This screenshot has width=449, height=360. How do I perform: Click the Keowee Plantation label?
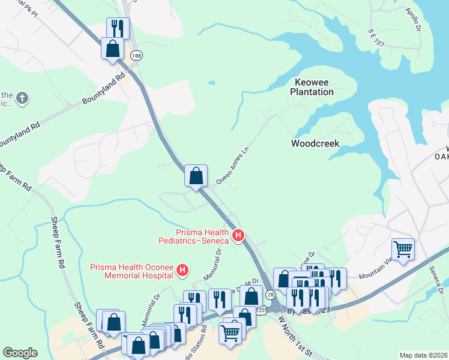point(312,87)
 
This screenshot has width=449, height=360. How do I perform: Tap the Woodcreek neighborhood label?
point(315,143)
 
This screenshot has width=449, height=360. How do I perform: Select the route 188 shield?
point(137,55)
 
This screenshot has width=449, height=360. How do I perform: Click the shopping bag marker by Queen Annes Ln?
point(196,176)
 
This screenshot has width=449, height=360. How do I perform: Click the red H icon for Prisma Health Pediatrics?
point(238,235)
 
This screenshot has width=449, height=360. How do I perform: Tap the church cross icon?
point(22,98)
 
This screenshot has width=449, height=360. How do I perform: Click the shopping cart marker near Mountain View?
point(403,248)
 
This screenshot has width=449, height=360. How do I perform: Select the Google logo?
point(20,353)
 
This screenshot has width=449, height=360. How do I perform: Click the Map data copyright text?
point(423,355)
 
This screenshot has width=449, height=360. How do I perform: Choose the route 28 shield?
point(271,295)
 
